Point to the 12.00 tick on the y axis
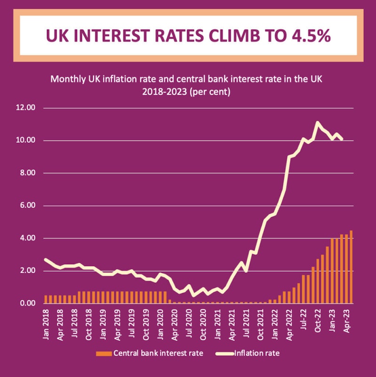coord(26,108)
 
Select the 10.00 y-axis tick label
coord(26,141)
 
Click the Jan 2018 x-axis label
coord(46,324)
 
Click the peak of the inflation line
coord(318,123)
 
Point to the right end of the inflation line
coord(342,139)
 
